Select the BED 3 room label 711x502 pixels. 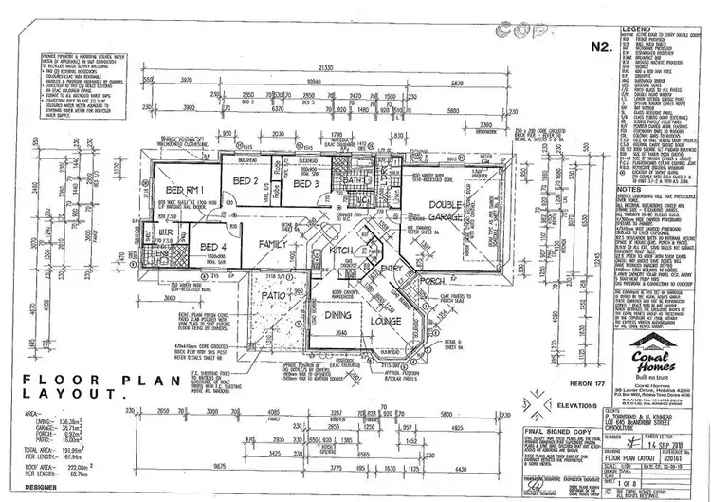(304, 184)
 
